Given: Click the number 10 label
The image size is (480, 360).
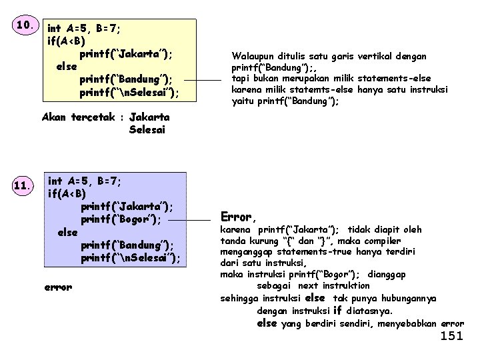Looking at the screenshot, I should pyautogui.click(x=25, y=26).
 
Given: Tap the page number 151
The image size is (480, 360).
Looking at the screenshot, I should pyautogui.click(x=451, y=336).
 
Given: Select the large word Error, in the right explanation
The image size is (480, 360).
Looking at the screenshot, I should pyautogui.click(x=238, y=217).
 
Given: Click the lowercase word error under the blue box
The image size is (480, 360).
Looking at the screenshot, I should pyautogui.click(x=58, y=287).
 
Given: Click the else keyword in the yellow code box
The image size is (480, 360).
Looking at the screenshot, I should pyautogui.click(x=67, y=67).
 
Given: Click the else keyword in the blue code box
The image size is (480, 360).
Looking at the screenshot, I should pyautogui.click(x=68, y=232).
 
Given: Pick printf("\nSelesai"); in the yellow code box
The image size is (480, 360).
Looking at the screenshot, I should pyautogui.click(x=129, y=93).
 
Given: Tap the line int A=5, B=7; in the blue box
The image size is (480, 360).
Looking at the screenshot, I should pyautogui.click(x=85, y=180).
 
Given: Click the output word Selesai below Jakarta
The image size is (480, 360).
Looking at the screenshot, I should pyautogui.click(x=147, y=130).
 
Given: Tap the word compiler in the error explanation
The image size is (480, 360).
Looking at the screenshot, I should pyautogui.click(x=381, y=241).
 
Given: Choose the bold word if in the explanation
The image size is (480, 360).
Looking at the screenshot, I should pyautogui.click(x=337, y=311).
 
